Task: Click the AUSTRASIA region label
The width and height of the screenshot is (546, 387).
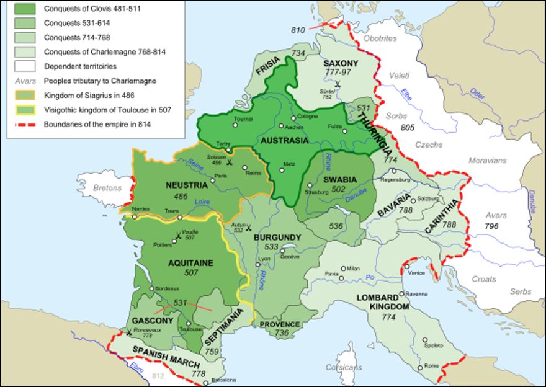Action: [285, 140]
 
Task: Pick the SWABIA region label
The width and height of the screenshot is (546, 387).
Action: [340, 179]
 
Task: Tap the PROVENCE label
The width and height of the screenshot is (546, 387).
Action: [279, 324]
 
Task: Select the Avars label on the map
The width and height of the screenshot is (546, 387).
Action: [496, 216]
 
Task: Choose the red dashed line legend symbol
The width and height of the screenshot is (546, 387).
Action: [22, 125]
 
